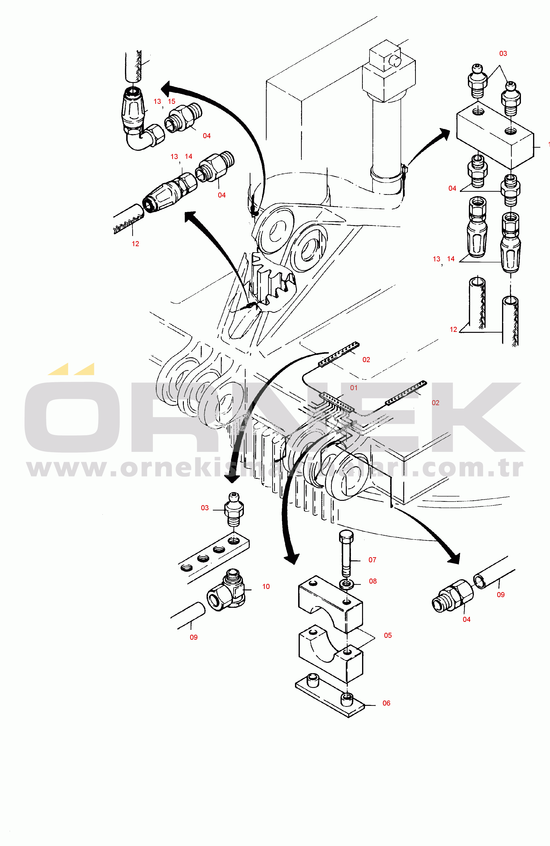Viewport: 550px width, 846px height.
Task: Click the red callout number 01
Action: [x=354, y=388]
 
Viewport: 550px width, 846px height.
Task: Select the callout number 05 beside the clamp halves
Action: [x=388, y=635]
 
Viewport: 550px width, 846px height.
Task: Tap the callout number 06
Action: [x=386, y=703]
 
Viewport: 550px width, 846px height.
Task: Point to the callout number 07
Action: [x=372, y=560]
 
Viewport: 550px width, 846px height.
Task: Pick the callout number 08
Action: [x=372, y=581]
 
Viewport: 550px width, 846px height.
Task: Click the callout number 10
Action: [x=266, y=587]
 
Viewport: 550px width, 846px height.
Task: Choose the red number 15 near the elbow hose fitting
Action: [x=171, y=102]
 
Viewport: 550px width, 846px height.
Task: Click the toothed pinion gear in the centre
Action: [x=274, y=281]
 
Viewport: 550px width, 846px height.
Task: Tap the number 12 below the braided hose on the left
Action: [x=135, y=244]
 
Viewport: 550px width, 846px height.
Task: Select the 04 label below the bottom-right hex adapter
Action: [x=466, y=620]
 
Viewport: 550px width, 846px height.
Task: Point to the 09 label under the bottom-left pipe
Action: [x=194, y=637]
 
